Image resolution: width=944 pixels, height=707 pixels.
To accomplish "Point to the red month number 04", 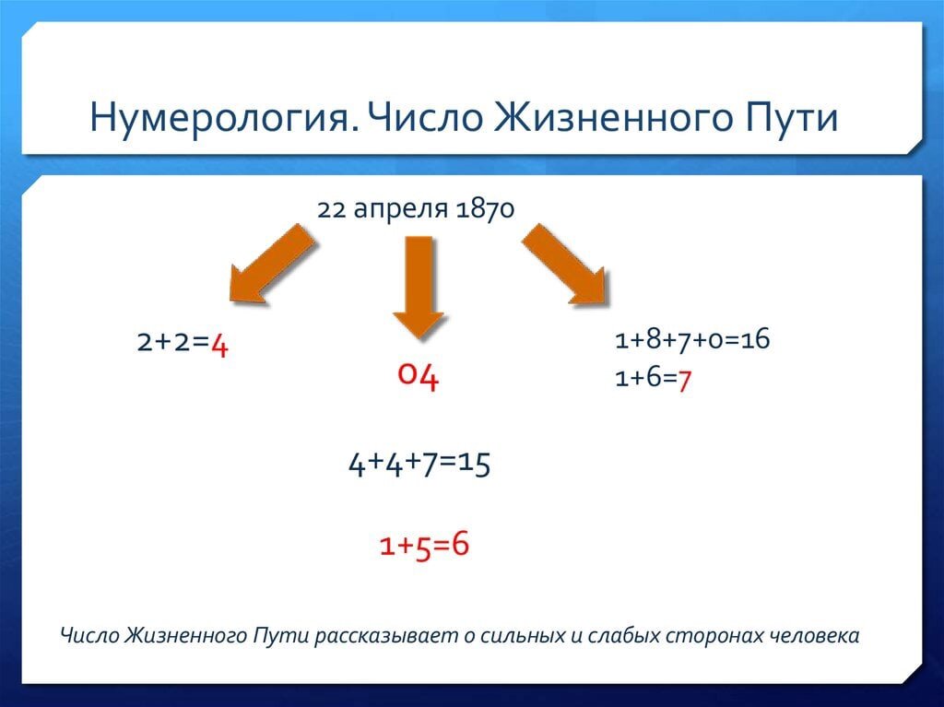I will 419,376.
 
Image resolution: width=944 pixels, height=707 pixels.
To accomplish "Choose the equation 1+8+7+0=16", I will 692,339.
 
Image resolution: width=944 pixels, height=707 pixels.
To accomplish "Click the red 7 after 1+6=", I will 684,380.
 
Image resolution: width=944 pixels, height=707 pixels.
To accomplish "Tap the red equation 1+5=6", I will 424,545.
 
